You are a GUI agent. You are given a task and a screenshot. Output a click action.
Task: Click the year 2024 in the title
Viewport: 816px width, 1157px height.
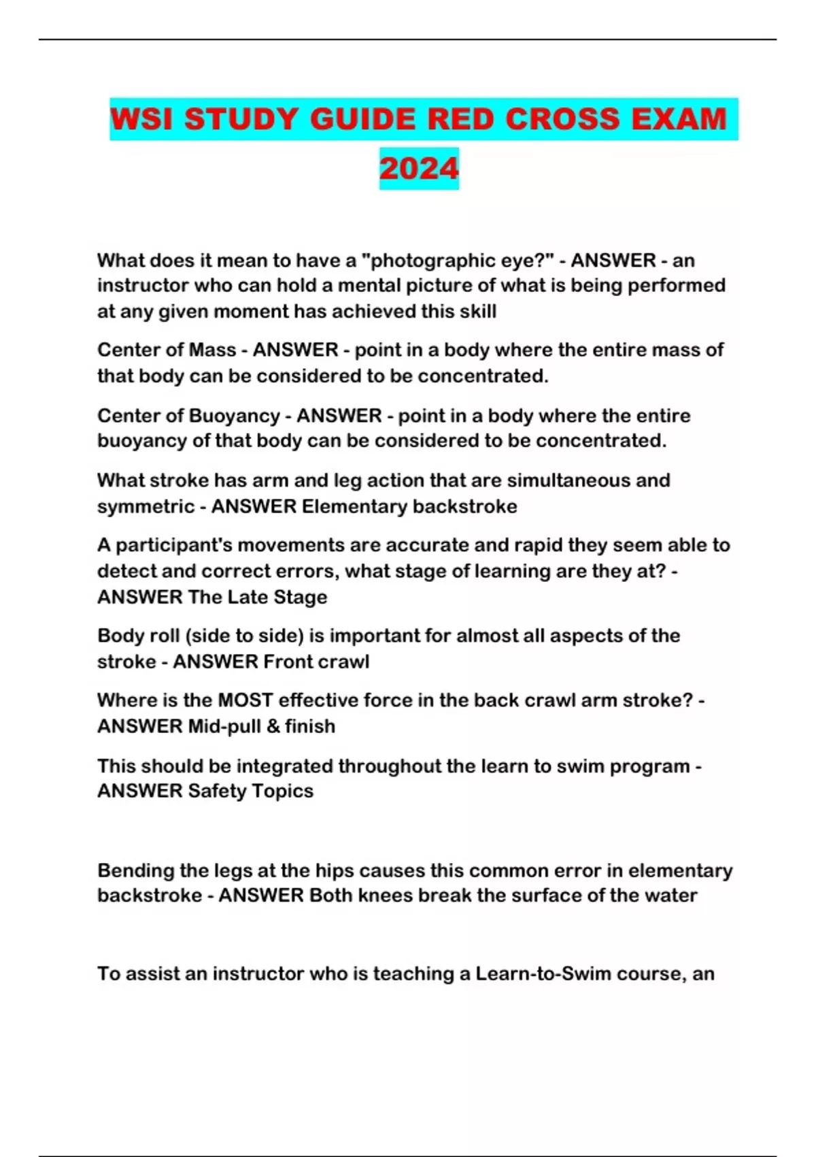[x=419, y=169]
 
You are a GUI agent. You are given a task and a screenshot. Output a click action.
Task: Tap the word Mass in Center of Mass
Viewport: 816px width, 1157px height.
[x=212, y=350]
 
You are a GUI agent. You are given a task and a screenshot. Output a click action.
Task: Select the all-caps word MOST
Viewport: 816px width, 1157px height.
[x=245, y=700]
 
